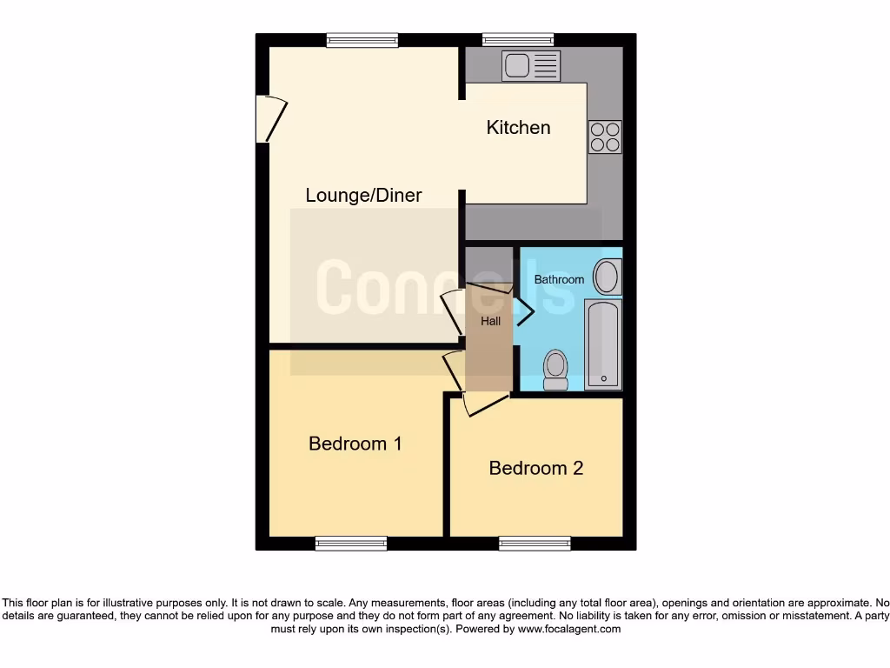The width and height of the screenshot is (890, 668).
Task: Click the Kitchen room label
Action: (x=518, y=128)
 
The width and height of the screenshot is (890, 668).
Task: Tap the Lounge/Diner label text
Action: (x=363, y=195)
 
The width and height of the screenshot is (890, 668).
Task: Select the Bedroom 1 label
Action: (x=355, y=444)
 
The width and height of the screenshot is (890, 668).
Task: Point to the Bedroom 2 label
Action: (x=535, y=468)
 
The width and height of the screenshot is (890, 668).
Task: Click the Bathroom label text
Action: (x=559, y=279)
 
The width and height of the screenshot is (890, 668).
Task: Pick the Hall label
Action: (x=491, y=321)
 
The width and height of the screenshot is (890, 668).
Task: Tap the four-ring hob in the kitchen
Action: (x=605, y=136)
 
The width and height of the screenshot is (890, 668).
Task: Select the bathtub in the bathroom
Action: (x=602, y=344)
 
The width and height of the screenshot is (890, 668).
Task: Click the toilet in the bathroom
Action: (x=555, y=370)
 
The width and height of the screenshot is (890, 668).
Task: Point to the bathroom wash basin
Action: (x=606, y=277)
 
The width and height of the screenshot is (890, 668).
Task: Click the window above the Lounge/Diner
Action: (x=362, y=39)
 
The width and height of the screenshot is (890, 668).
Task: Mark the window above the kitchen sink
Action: (x=518, y=39)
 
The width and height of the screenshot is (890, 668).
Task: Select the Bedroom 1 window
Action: (x=351, y=544)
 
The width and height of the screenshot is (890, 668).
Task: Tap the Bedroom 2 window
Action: (x=535, y=544)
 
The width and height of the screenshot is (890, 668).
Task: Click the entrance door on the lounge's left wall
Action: (x=270, y=119)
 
